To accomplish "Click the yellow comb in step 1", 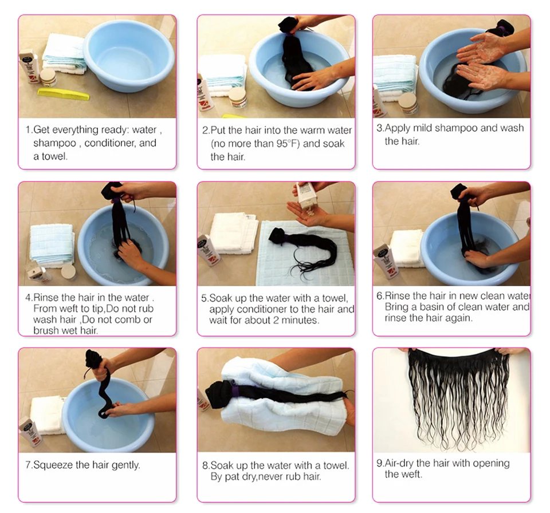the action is click(64, 94).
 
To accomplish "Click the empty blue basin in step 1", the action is click(129, 56).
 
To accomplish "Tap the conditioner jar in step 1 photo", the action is click(48, 77).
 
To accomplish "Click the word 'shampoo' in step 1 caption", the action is click(55, 143).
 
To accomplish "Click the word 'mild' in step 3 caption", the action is click(423, 128).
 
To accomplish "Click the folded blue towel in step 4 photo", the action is click(52, 244).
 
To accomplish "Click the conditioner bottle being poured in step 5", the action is click(307, 197).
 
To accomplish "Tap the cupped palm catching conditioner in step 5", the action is click(311, 218).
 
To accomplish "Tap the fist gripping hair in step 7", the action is click(101, 369).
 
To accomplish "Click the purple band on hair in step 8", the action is click(235, 390).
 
